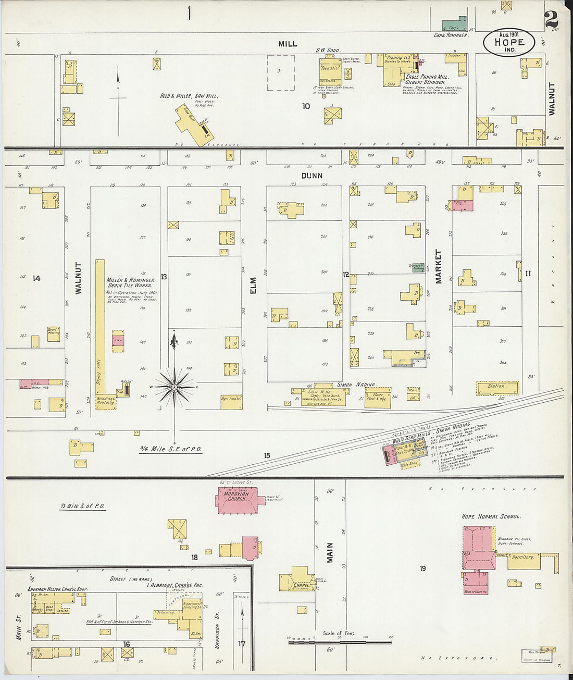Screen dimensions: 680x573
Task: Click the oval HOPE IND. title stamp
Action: tap(509, 43)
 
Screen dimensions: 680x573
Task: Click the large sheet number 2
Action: tap(551, 19)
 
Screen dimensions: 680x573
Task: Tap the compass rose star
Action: tap(175, 387)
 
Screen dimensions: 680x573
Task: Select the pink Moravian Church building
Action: tap(237, 501)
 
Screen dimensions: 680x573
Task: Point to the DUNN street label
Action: tap(312, 176)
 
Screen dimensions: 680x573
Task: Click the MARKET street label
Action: tap(438, 266)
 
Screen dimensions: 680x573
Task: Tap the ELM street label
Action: tap(254, 286)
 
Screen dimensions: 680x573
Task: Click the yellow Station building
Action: tap(497, 388)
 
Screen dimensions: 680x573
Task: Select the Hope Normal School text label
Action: tap(491, 516)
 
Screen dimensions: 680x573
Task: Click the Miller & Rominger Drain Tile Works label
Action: tap(130, 282)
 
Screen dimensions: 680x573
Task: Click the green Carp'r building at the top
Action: tap(454, 26)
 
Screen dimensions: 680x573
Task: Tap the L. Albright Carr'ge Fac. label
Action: tap(173, 585)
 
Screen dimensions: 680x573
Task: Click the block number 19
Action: tap(422, 568)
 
